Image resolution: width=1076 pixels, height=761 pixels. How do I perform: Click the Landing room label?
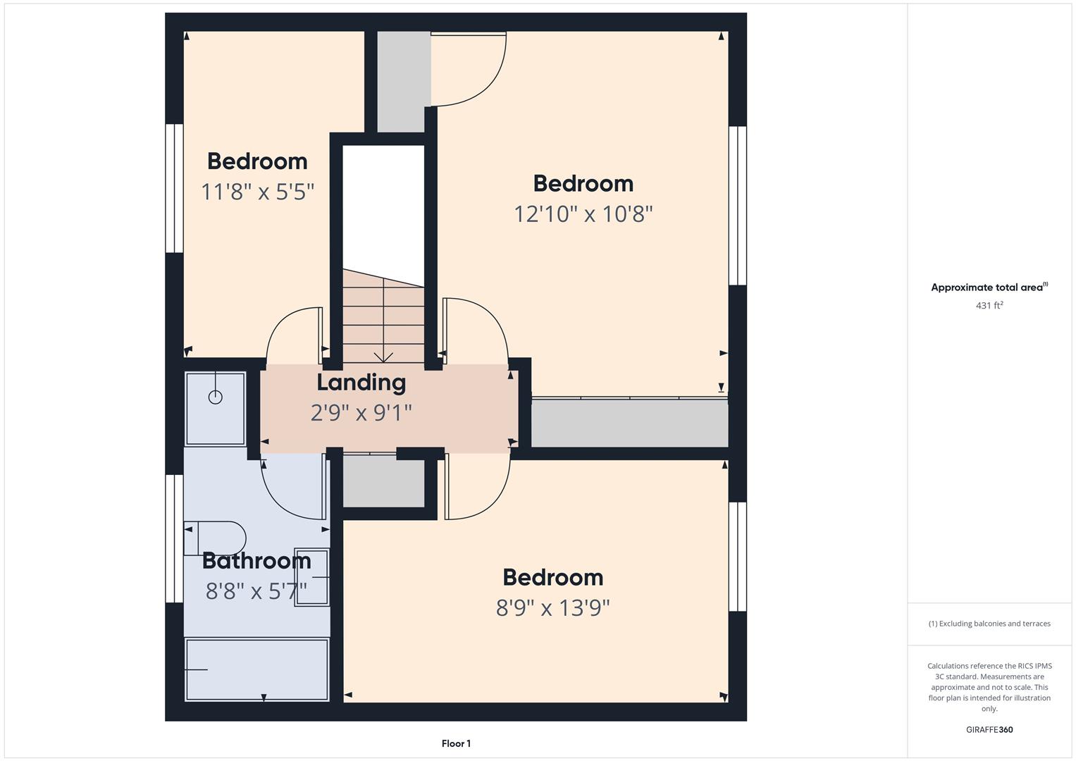tap(361, 382)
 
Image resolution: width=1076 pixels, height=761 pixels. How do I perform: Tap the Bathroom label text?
tap(256, 561)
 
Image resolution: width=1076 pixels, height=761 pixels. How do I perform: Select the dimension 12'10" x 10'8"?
tap(583, 214)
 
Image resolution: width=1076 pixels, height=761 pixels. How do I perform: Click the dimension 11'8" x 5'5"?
tap(257, 191)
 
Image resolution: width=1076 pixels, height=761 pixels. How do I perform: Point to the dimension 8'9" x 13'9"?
tap(552, 607)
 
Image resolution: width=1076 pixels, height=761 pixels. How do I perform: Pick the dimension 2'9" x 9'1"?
tap(361, 412)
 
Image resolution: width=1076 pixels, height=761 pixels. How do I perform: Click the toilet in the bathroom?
tap(215, 538)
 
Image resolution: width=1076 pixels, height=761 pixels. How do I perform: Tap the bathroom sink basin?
tap(312, 577)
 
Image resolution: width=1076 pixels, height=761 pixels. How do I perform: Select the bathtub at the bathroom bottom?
tap(257, 669)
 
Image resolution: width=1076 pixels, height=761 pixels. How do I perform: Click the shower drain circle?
tap(216, 397)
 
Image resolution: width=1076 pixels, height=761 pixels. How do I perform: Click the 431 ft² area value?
tap(989, 305)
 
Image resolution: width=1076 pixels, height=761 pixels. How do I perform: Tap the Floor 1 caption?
tap(456, 743)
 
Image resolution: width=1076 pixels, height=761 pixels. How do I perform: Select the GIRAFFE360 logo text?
tap(989, 729)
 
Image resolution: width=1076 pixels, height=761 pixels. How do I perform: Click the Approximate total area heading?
tap(989, 287)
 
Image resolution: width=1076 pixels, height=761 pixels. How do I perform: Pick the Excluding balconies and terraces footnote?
tap(989, 624)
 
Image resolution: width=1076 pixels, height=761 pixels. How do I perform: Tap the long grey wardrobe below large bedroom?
tap(629, 423)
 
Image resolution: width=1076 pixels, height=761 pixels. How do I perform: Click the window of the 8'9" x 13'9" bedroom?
tap(737, 557)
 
